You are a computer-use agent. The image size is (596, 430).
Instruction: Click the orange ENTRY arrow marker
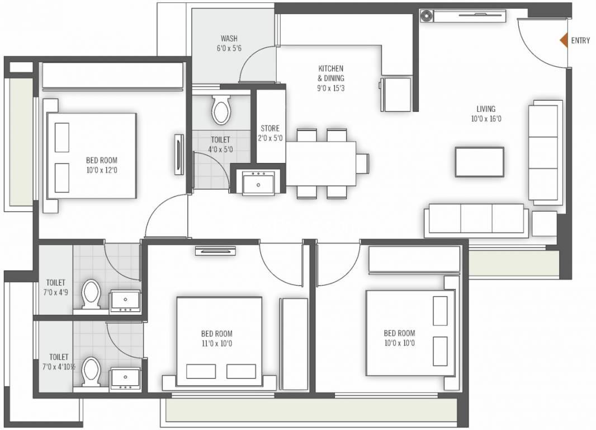564,40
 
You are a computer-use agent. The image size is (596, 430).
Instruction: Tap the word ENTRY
580,40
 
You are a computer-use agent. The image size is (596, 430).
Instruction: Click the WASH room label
229,39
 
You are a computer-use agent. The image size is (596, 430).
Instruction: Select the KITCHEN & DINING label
331,73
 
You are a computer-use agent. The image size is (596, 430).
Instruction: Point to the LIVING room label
486,109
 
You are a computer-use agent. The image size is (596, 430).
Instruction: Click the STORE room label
269,128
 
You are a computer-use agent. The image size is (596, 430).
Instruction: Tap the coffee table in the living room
479,162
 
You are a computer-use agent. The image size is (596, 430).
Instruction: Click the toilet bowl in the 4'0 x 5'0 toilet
221,110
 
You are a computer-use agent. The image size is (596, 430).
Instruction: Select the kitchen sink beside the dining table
258,182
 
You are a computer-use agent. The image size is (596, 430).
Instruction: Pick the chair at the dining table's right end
363,163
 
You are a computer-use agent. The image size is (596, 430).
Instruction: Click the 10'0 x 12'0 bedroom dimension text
102,170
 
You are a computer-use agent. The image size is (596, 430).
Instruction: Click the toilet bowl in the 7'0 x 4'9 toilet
91,295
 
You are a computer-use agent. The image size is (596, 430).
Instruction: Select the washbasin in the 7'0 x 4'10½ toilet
124,379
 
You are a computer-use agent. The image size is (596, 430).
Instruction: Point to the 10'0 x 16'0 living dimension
486,119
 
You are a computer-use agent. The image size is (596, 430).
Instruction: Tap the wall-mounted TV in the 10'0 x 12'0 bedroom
178,156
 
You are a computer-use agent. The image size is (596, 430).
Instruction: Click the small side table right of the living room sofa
544,223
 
